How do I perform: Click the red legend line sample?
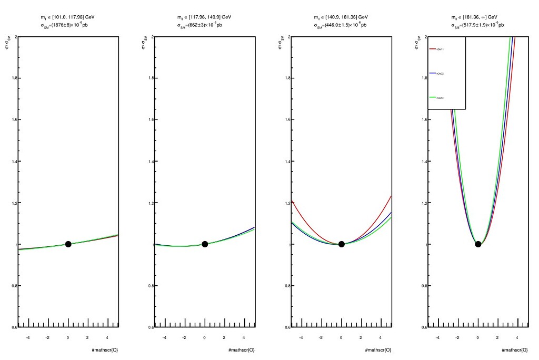click(433, 49)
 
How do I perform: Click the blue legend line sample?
click(433, 73)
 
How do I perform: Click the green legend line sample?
click(433, 97)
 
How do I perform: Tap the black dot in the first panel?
click(68, 244)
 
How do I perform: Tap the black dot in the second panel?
click(205, 244)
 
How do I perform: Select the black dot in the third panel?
click(342, 244)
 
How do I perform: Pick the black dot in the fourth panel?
click(478, 244)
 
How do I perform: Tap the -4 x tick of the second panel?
click(165, 337)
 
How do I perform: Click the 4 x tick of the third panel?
click(381, 337)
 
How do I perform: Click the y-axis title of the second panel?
click(144, 48)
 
